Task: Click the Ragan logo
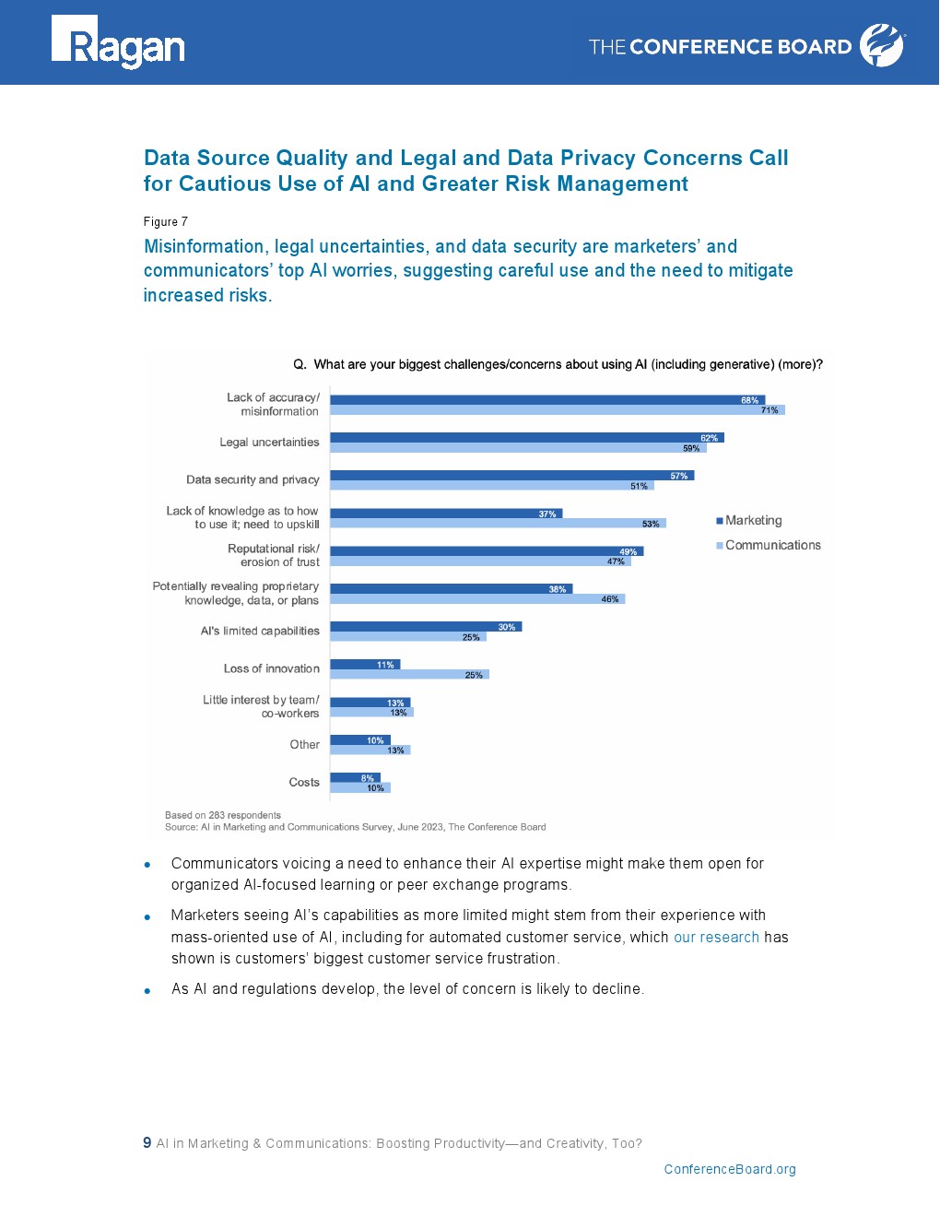coord(118,42)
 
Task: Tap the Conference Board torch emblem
coord(882,45)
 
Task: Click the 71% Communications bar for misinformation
coord(557,410)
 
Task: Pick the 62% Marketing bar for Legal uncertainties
coord(526,438)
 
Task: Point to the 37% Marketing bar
coord(446,514)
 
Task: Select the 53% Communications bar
coord(498,524)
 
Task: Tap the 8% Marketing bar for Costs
coord(355,778)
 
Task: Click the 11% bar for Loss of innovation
coord(365,665)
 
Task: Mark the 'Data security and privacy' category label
coord(253,479)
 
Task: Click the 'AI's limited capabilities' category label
coord(260,632)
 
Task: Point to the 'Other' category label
coord(304,745)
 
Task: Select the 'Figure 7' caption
coord(166,222)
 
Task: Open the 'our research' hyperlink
coord(716,938)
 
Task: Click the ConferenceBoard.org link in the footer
coord(730,1170)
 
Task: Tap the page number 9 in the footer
coord(147,1143)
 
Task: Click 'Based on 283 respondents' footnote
coord(223,815)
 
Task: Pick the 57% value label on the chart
coord(679,476)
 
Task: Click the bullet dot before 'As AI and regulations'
coord(147,991)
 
